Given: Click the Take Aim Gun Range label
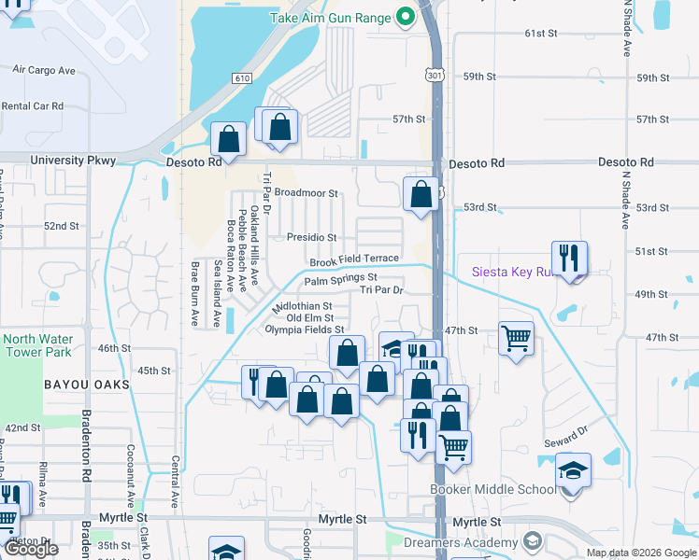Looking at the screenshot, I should click(331, 18).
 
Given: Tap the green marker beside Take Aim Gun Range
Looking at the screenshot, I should click(406, 16).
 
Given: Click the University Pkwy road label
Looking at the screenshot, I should click(73, 161).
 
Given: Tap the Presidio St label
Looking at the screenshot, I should click(311, 238).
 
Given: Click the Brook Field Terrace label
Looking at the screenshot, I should click(354, 259).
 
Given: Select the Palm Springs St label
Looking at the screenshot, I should click(340, 278).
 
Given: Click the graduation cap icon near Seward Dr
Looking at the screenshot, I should click(573, 469).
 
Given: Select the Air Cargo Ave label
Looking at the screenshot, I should click(44, 70).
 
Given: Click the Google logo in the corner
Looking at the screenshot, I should click(32, 549).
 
